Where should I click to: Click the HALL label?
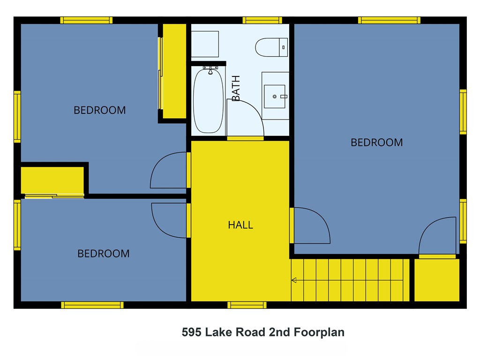[240, 225]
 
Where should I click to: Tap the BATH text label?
[236, 88]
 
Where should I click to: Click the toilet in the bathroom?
[271, 46]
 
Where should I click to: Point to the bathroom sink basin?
[275, 96]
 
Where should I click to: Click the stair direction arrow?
[294, 280]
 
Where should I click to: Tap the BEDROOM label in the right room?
[376, 142]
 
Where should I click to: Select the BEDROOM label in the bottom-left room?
[103, 254]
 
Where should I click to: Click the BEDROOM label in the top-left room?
[99, 110]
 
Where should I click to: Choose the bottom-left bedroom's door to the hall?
[170, 220]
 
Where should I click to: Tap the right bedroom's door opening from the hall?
[310, 226]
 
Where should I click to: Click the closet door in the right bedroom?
[437, 237]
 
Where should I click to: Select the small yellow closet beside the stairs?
[436, 280]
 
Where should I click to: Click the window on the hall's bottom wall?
[247, 305]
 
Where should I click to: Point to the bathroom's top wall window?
[262, 20]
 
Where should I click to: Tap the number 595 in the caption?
[192, 332]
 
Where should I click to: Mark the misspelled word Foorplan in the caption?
[319, 332]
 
